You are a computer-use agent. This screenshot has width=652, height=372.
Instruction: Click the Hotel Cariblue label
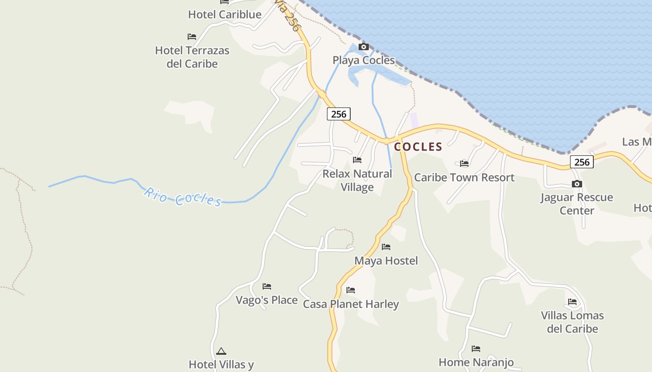coord(224,14)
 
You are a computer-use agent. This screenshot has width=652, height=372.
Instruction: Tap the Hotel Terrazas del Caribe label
coord(192,57)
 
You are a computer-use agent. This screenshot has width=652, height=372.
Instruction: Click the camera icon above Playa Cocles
coord(364,46)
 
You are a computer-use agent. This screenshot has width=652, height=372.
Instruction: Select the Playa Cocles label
coord(363,60)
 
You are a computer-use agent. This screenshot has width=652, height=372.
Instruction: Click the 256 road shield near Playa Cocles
coord(339,114)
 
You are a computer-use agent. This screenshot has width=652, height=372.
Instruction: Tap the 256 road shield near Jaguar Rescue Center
coord(582,162)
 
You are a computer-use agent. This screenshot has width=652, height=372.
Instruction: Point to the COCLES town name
coord(418,147)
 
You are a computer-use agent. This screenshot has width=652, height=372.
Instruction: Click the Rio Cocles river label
coord(183,197)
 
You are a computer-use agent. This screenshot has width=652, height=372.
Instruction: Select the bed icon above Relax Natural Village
coord(357,160)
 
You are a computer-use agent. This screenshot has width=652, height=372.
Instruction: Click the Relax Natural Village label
coord(357,180)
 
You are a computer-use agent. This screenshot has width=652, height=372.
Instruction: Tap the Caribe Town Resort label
coord(464,177)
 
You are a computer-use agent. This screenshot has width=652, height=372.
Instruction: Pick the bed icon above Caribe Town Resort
coord(464,164)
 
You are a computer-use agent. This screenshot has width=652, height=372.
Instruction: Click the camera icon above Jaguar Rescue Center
coord(577,184)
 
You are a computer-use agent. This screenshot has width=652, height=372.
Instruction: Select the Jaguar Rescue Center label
coord(577,204)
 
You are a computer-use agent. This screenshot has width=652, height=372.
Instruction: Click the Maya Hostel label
coord(386,260)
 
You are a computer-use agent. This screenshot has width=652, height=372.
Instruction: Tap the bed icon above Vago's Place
coord(267,286)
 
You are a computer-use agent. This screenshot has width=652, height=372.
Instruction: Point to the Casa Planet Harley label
coord(351,304)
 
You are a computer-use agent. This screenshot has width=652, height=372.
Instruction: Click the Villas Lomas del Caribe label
coord(572,322)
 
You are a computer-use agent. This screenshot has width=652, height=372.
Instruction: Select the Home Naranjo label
coord(476,362)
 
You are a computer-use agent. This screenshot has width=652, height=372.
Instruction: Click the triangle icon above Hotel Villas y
coord(221,351)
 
